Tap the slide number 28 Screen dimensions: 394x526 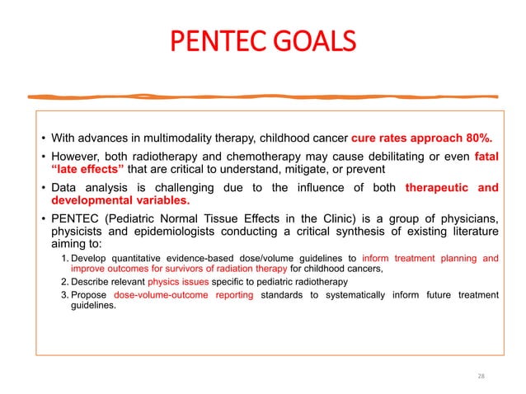click(481, 376)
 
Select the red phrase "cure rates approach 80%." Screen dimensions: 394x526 click(423, 137)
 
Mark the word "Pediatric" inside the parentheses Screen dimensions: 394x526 click(129, 218)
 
